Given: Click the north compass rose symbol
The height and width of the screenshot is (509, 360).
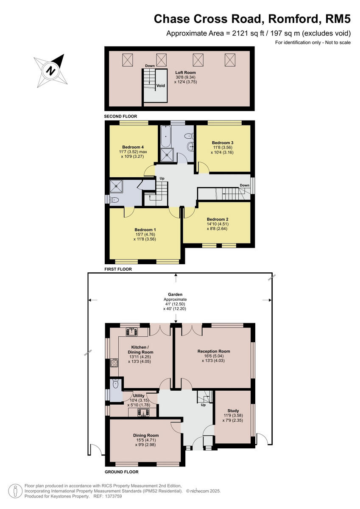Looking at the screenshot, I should click(x=50, y=70).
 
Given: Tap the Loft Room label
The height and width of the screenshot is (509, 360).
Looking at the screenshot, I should click(x=186, y=73).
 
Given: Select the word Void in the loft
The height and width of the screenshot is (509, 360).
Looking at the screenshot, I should click(x=161, y=86).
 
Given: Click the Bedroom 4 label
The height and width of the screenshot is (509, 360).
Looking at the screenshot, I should click(x=133, y=147).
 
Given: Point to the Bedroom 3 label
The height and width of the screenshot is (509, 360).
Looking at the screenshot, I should click(x=223, y=143).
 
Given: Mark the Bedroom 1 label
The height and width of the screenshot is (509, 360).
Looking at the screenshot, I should click(x=145, y=229).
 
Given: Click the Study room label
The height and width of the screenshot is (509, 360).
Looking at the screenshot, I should click(x=233, y=411).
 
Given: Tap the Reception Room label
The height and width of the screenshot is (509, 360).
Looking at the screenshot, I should click(x=214, y=351).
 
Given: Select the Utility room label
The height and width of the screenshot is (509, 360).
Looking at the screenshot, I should click(x=139, y=395).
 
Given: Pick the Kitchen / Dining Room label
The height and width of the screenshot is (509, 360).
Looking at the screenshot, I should click(x=140, y=349).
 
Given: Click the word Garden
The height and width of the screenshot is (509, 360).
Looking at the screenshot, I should click(x=175, y=294).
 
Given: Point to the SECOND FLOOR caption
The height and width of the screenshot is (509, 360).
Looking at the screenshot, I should click(x=120, y=116).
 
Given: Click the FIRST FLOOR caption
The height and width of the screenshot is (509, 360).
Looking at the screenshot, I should click(x=118, y=269).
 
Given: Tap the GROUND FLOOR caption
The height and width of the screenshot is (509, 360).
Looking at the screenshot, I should click(x=121, y=472).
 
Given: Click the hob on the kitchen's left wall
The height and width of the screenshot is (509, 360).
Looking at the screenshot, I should click(x=114, y=363).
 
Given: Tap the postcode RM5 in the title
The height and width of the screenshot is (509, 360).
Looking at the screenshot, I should click(x=338, y=19).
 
